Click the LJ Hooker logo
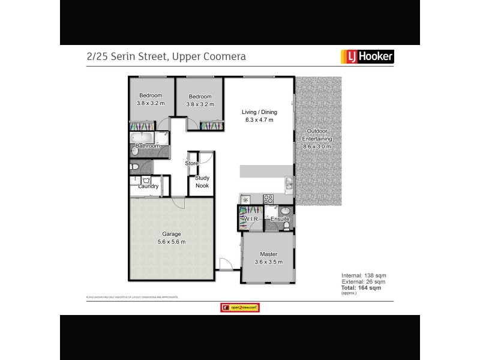tap(367, 56)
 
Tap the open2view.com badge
tap(240, 307)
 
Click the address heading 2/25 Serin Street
tap(166, 56)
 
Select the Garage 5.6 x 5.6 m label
tap(171, 238)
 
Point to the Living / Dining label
tap(257, 116)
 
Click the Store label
tap(191, 163)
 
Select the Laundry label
tap(148, 186)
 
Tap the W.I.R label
tap(250, 220)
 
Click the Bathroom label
tap(148, 146)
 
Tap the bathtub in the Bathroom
tap(148, 137)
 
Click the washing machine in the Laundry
tap(147, 179)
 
